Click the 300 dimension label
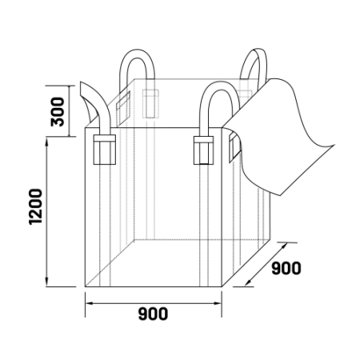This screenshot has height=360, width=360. pos(58,112)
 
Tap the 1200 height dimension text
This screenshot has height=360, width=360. pos(35,206)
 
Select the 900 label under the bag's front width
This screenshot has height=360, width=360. pos(153,314)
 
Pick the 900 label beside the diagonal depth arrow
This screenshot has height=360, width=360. pos(286,268)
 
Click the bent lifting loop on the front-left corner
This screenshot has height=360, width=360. pos(99,106)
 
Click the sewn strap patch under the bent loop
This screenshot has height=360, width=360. pos(105,150)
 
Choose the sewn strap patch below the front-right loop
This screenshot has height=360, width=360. pos(203,150)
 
